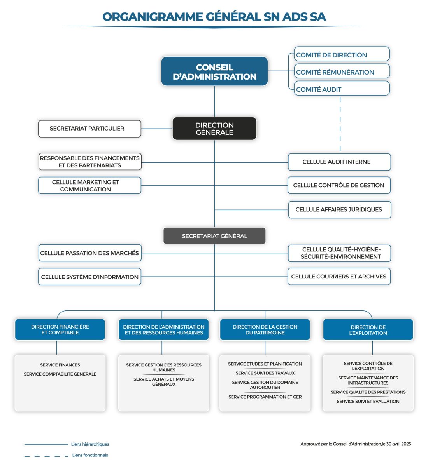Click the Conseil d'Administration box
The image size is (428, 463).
pos(214,71)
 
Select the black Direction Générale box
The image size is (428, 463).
pos(214,129)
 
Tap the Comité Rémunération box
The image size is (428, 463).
pos(341,72)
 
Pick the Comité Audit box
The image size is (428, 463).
pos(341,89)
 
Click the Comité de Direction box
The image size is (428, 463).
pos(341,55)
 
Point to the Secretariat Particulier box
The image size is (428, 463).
pos(89,129)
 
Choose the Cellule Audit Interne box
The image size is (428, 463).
pos(339,162)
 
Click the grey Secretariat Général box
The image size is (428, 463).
pos(214,236)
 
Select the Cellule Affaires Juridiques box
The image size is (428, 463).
pos(339,209)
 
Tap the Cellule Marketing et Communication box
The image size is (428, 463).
pos(89,186)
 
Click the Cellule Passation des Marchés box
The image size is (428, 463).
pos(89,253)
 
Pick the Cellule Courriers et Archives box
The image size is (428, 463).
pos(339,277)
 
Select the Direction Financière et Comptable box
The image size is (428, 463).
pos(60,330)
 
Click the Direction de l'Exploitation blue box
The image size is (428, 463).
pos(368,330)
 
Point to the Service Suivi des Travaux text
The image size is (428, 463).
pos(265,373)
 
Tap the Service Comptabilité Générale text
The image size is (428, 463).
pos(60,374)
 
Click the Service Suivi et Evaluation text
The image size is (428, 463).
pos(368,402)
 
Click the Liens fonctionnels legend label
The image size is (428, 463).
pos(90,455)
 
